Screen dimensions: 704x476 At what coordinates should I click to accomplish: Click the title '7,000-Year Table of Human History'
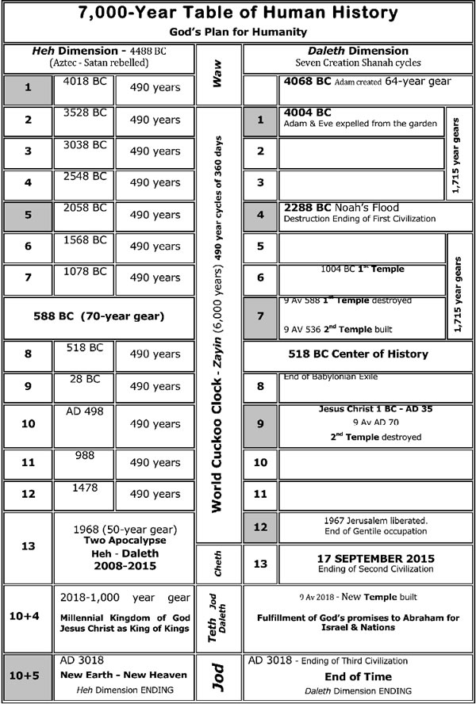pos(238,14)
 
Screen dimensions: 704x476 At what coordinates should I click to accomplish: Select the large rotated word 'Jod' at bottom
pos(217,678)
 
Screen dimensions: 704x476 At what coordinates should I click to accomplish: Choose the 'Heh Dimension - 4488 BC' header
pos(98,49)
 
